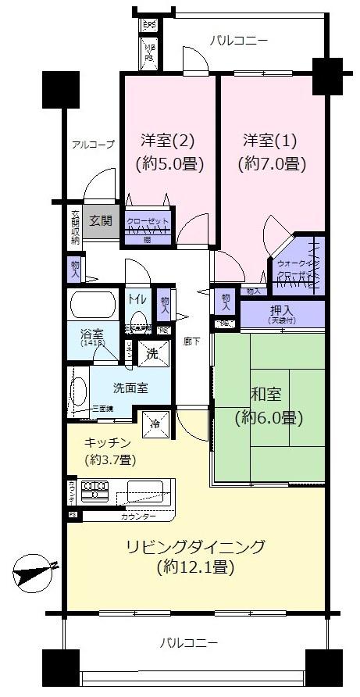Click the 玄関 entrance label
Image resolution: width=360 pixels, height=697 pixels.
pyautogui.click(x=101, y=220)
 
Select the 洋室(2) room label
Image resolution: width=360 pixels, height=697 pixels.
pyautogui.click(x=168, y=141)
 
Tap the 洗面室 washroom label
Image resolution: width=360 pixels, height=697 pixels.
pyautogui.click(x=127, y=386)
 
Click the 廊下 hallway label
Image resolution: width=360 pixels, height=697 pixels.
pyautogui.click(x=192, y=341)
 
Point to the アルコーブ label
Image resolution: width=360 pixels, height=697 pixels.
pyautogui.click(x=93, y=145)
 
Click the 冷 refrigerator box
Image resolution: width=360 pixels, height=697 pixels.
pyautogui.click(x=153, y=424)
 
